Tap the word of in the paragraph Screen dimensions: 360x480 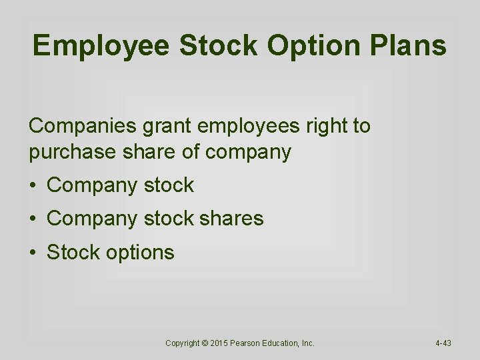pyautogui.click(x=192, y=152)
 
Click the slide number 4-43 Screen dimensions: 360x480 pyautogui.click(x=443, y=343)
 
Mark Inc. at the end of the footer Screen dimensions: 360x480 pyautogui.click(x=308, y=343)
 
